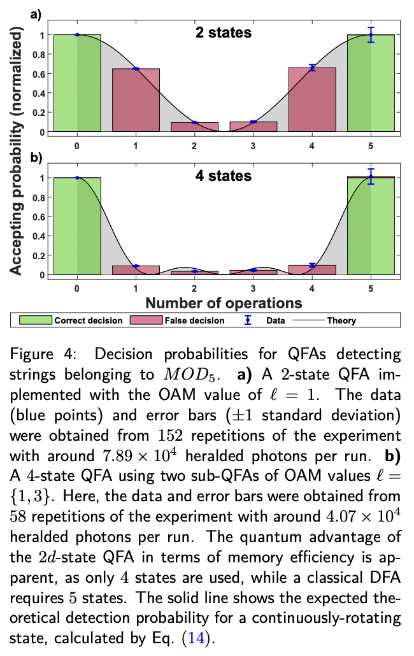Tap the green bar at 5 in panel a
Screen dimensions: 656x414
[x=371, y=83]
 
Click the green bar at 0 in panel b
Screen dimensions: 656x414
[x=77, y=226]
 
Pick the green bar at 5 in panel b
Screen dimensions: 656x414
[x=371, y=226]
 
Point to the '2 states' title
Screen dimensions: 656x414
[x=224, y=32]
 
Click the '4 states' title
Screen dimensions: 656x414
[x=224, y=175]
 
